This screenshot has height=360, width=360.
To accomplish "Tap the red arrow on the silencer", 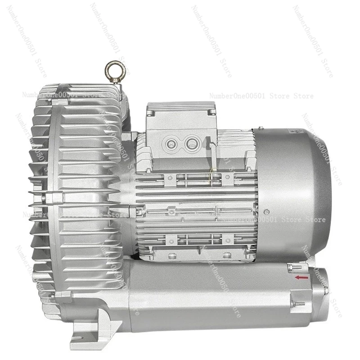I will click(302, 278).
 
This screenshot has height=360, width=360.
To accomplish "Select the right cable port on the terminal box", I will click(191, 144).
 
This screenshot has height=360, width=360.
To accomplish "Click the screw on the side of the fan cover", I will click(267, 211).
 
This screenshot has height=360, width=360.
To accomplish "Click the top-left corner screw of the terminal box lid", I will click(150, 107).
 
